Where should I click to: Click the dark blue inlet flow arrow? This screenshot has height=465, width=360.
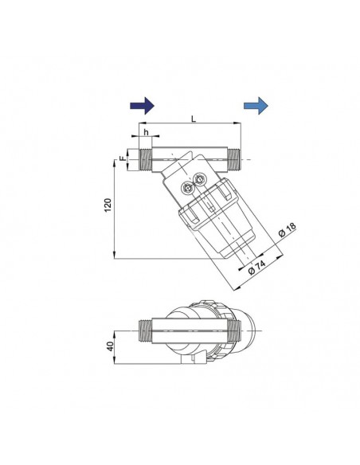[x=142, y=106]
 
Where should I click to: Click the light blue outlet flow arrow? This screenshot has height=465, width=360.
[x=256, y=106]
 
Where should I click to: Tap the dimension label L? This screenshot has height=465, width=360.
[x=194, y=119]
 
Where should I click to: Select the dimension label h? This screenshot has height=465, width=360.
[x=147, y=132]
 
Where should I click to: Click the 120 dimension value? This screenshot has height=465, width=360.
[x=108, y=205]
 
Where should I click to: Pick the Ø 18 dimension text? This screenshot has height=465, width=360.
[x=288, y=230]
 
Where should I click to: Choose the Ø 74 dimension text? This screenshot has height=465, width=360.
[x=256, y=268]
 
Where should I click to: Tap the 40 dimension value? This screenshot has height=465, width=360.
[x=111, y=346]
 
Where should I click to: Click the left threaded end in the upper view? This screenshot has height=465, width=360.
[x=145, y=159]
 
